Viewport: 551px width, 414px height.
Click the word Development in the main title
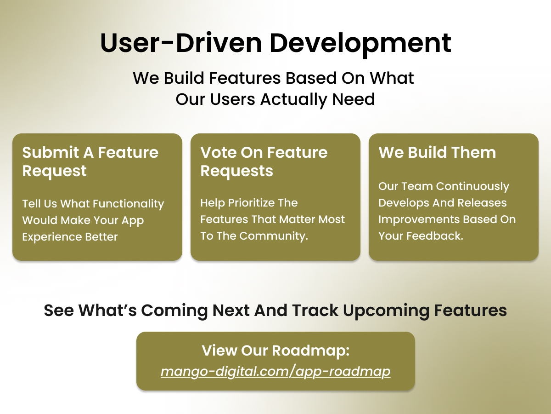(360, 44)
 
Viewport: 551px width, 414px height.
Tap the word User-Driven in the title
(181, 43)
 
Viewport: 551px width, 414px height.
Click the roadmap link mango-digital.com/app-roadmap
(275, 372)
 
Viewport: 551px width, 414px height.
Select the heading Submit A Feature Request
(90, 161)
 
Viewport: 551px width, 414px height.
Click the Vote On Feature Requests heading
(264, 161)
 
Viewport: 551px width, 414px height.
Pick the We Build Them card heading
(437, 152)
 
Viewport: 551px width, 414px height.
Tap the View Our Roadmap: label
(275, 350)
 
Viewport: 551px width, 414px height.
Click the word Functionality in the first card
(124, 204)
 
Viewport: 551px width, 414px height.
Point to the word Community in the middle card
(274, 236)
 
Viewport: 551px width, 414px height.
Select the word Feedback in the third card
(435, 236)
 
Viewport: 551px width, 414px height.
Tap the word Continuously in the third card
(472, 186)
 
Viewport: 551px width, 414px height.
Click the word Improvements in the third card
(419, 219)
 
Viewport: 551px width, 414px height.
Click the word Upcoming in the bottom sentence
(386, 310)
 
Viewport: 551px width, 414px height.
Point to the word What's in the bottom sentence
(107, 310)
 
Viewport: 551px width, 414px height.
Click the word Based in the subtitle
(311, 78)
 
